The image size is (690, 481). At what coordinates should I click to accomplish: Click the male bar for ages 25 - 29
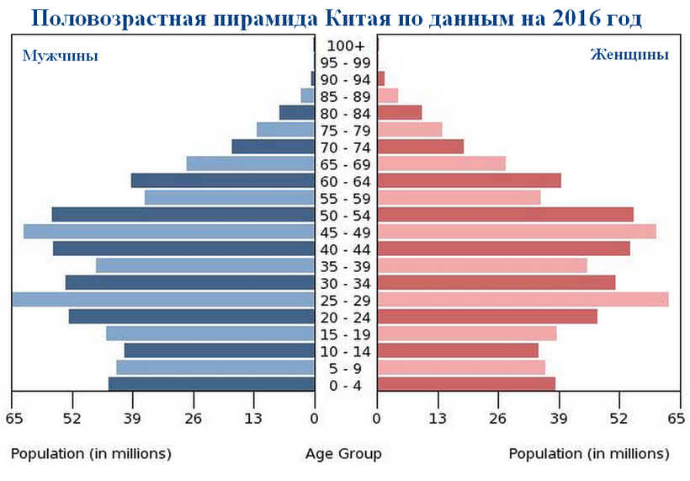click(164, 300)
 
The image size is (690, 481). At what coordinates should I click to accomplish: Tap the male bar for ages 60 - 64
click(223, 180)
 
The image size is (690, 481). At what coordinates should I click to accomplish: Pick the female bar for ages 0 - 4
click(466, 384)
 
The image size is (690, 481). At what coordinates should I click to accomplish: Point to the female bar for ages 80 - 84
click(400, 113)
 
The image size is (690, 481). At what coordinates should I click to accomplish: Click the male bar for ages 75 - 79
click(285, 130)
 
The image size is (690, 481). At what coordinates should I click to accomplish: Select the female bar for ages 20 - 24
click(487, 317)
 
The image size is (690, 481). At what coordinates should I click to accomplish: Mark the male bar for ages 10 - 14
click(220, 350)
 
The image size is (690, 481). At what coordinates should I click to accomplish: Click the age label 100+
click(346, 45)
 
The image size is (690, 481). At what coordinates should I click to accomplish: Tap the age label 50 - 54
click(346, 215)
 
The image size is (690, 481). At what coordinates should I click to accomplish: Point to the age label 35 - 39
click(346, 266)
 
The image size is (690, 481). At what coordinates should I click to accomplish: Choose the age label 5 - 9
click(346, 368)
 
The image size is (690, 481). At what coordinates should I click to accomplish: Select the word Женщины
click(629, 55)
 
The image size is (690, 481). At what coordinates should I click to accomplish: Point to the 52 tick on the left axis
click(72, 419)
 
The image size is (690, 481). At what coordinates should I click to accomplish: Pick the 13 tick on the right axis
click(438, 419)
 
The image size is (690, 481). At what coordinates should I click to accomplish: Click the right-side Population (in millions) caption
click(589, 454)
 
